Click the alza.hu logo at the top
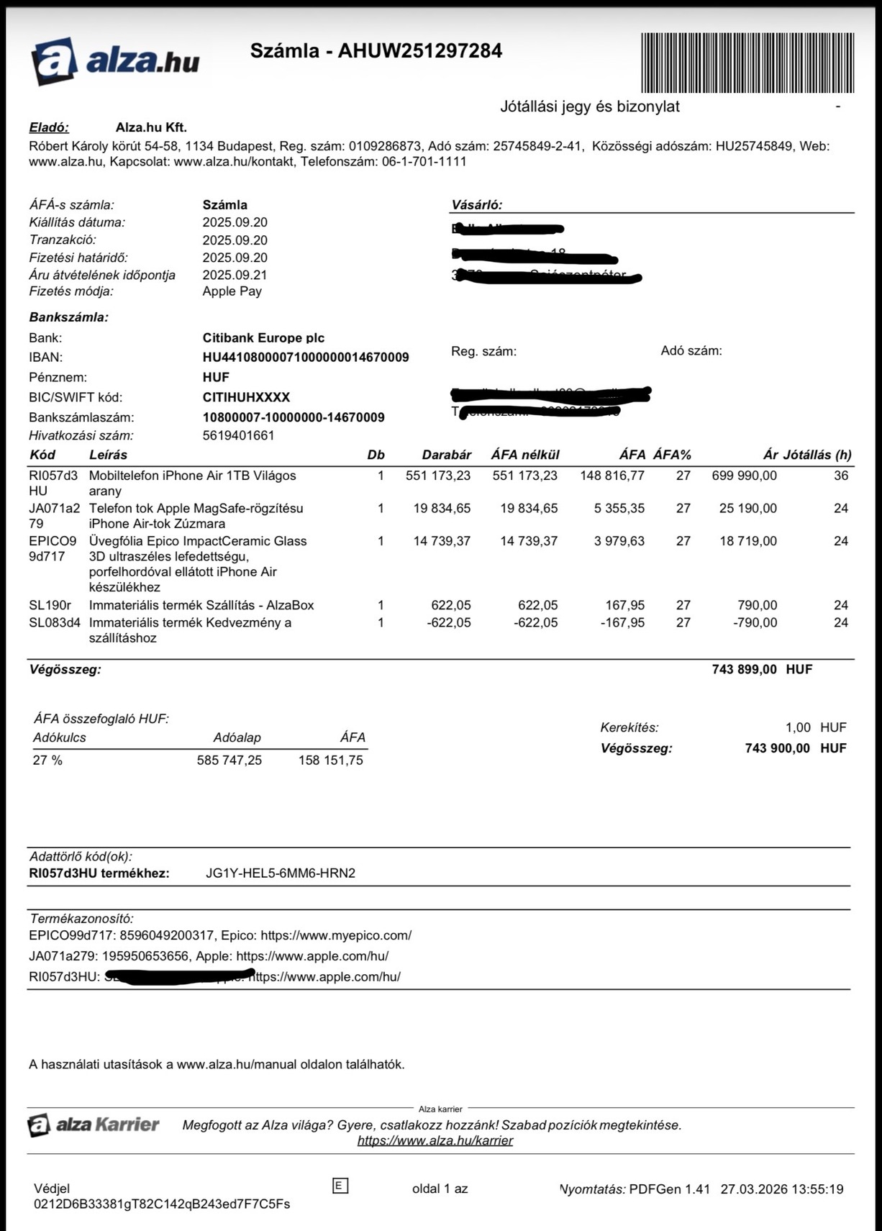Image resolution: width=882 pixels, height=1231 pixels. [x=115, y=61]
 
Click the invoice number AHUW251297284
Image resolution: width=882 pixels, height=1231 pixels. [x=419, y=51]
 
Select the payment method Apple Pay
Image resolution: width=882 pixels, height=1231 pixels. [x=232, y=291]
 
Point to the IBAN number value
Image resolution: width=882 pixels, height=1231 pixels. [x=306, y=358]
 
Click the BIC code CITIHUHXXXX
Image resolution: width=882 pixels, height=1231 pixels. [x=246, y=397]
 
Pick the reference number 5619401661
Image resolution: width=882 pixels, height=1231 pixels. [x=238, y=435]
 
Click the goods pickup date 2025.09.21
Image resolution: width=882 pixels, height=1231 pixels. [x=235, y=275]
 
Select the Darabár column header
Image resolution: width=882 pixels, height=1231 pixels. [x=446, y=455]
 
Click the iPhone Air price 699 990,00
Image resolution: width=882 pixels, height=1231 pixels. [x=744, y=476]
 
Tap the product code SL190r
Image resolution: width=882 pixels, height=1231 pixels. [x=50, y=605]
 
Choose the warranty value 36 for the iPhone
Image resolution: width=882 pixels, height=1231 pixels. [x=840, y=476]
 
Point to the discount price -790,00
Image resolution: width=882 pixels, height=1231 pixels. [x=755, y=622]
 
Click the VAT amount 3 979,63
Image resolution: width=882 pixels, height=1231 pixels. [x=619, y=541]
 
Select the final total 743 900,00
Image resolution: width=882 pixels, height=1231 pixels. [x=777, y=748]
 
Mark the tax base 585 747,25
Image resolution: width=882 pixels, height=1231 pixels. [x=229, y=760]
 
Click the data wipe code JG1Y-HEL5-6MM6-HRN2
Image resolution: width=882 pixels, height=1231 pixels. [x=281, y=873]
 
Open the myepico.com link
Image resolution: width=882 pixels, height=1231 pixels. [x=336, y=935]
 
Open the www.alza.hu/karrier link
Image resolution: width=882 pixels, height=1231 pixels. [x=435, y=1140]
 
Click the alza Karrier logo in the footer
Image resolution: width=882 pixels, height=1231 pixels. [x=94, y=1125]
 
